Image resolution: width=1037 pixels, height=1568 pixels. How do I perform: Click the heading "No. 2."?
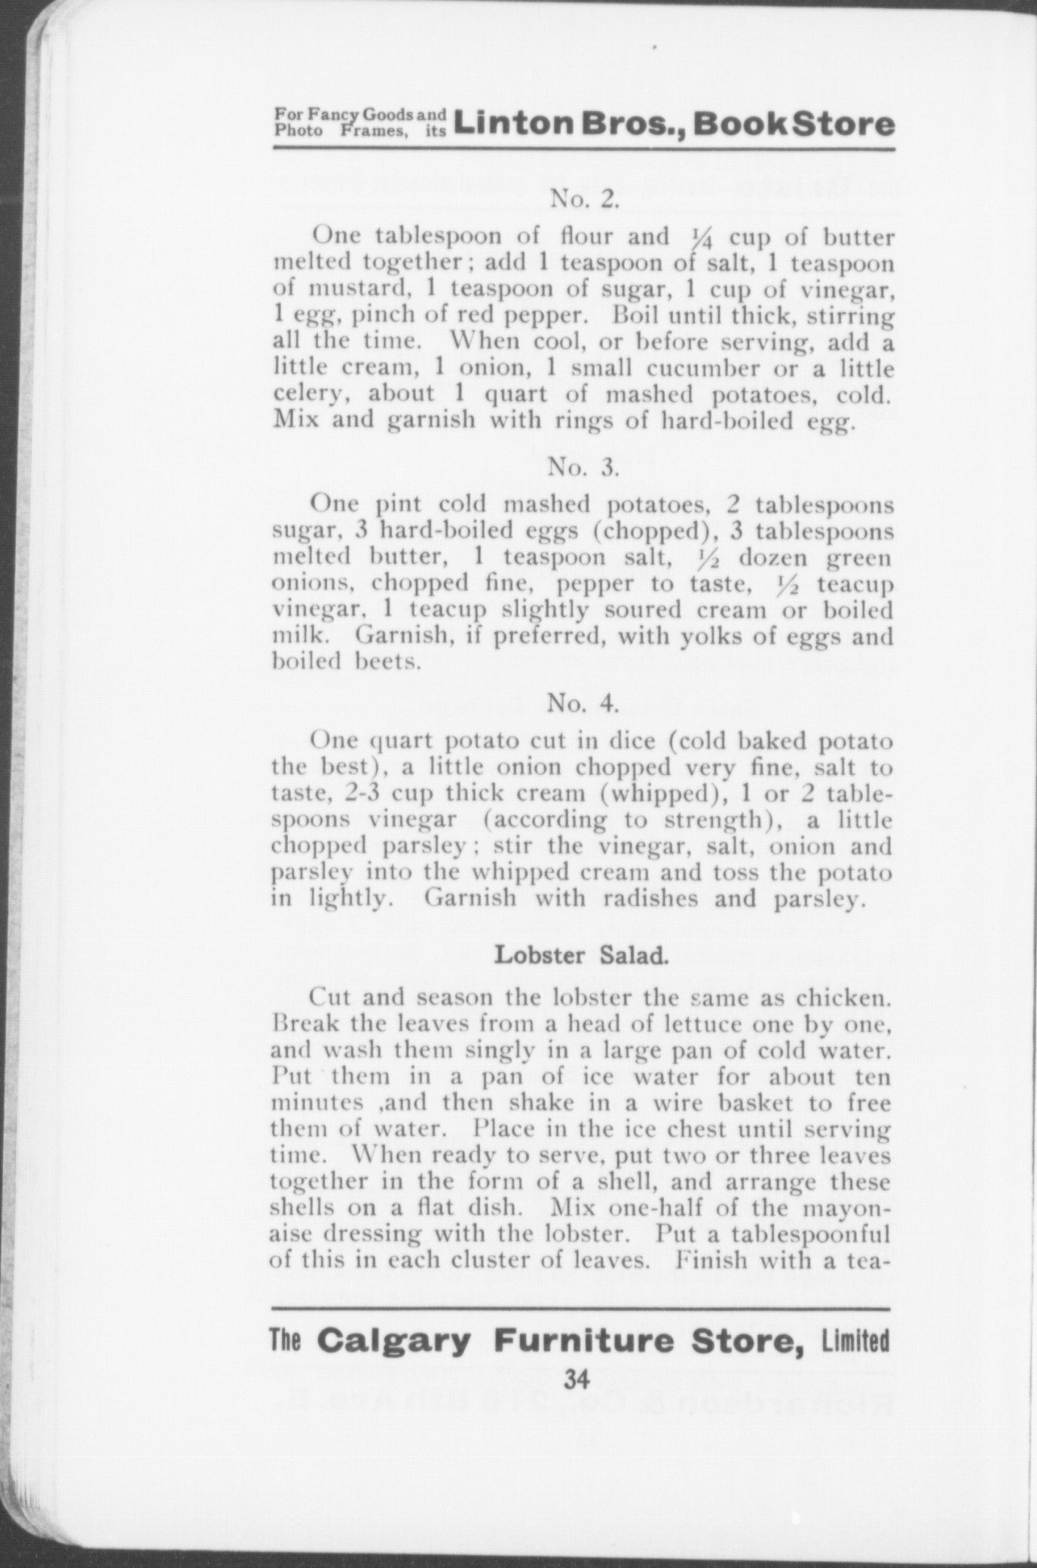click(585, 199)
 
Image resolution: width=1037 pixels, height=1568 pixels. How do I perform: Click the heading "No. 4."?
click(583, 703)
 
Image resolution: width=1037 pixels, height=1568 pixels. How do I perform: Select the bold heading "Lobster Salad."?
click(581, 955)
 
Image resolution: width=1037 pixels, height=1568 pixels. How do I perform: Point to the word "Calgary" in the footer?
click(393, 1341)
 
